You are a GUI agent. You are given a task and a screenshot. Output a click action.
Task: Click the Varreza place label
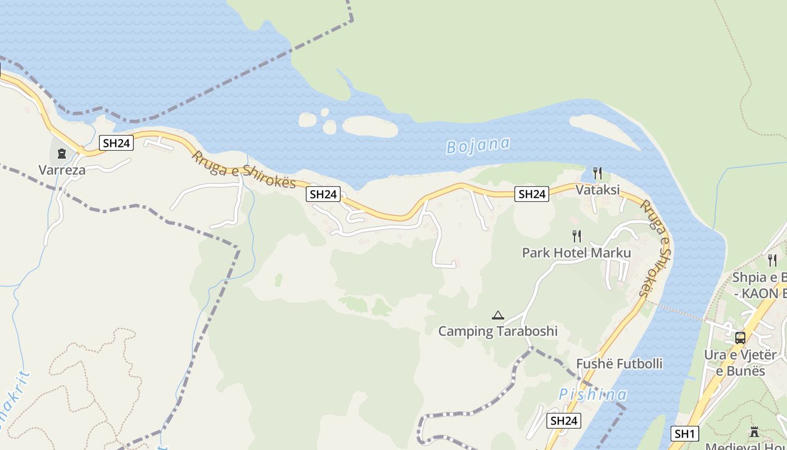(x=62, y=170)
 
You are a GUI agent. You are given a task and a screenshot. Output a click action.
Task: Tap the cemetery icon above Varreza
(x=62, y=153)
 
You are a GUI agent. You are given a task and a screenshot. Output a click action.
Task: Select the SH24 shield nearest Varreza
(x=116, y=143)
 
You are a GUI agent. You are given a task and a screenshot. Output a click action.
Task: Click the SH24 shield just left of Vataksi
(x=531, y=194)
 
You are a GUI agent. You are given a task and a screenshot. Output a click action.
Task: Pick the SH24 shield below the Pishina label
(x=563, y=421)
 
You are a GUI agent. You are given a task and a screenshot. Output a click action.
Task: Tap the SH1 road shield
(x=685, y=434)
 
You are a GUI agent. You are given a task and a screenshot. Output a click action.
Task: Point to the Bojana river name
(x=478, y=145)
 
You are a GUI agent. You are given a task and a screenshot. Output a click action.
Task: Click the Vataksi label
(x=598, y=190)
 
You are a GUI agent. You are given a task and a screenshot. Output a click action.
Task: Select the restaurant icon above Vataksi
(x=598, y=173)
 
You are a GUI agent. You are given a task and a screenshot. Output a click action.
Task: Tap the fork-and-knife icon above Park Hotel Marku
(x=577, y=236)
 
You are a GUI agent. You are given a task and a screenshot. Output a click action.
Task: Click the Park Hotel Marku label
(x=577, y=253)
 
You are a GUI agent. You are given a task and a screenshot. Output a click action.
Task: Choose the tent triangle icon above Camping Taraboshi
(x=497, y=315)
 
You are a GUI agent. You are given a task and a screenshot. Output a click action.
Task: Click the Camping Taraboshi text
(x=497, y=331)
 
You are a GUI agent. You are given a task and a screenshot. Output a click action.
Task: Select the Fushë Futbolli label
(x=619, y=363)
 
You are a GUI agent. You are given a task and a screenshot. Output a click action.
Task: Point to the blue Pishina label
(x=592, y=394)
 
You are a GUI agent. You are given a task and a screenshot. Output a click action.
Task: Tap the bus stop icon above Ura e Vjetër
(x=740, y=338)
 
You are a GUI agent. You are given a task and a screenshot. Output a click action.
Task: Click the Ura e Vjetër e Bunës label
(x=740, y=363)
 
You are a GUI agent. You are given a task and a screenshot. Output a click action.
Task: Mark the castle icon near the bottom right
(x=754, y=432)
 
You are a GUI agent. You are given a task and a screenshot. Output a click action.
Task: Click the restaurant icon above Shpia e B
(x=772, y=260)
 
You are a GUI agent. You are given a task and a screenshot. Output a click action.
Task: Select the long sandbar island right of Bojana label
(x=604, y=132)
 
